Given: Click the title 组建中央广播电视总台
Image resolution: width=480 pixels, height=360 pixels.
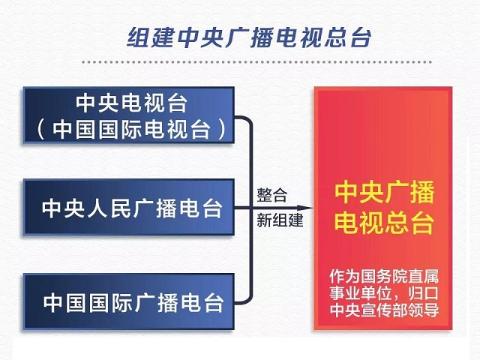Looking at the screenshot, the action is pos(249,38).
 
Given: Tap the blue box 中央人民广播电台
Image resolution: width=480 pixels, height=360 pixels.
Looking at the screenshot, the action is pos(129,207).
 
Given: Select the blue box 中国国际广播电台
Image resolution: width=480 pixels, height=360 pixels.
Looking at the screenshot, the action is pos(129,301).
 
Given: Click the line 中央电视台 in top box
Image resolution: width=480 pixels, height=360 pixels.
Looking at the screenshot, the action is pos(132,103).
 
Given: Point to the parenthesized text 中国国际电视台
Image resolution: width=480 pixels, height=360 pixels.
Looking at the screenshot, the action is pos(132,129).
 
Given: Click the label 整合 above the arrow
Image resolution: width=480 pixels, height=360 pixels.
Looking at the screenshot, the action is pos(271,195).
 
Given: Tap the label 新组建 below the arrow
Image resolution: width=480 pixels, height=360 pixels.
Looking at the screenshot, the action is pos(280,220).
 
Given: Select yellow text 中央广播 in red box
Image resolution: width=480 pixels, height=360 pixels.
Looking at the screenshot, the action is pos(384,193).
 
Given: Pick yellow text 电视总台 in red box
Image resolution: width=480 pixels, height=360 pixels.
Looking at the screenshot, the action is pos(384,223).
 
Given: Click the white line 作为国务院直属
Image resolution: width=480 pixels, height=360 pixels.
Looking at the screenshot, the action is pos(384,277).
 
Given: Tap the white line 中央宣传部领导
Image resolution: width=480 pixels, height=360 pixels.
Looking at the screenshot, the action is pos(384,310).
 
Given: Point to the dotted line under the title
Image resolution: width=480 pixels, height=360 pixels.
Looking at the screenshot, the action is pos(256,61).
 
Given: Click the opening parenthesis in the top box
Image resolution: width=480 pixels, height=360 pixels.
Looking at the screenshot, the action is pos(40,130).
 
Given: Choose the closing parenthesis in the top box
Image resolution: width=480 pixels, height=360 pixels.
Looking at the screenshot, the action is pos(223,130).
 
